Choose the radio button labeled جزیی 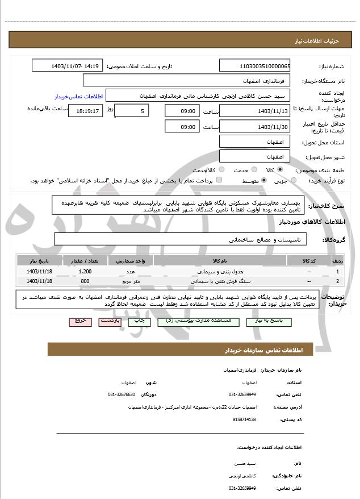point(293,181)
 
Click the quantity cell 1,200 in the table point(86,272)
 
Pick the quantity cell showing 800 point(86,281)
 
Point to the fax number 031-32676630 point(122,394)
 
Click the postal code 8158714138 point(244,419)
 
